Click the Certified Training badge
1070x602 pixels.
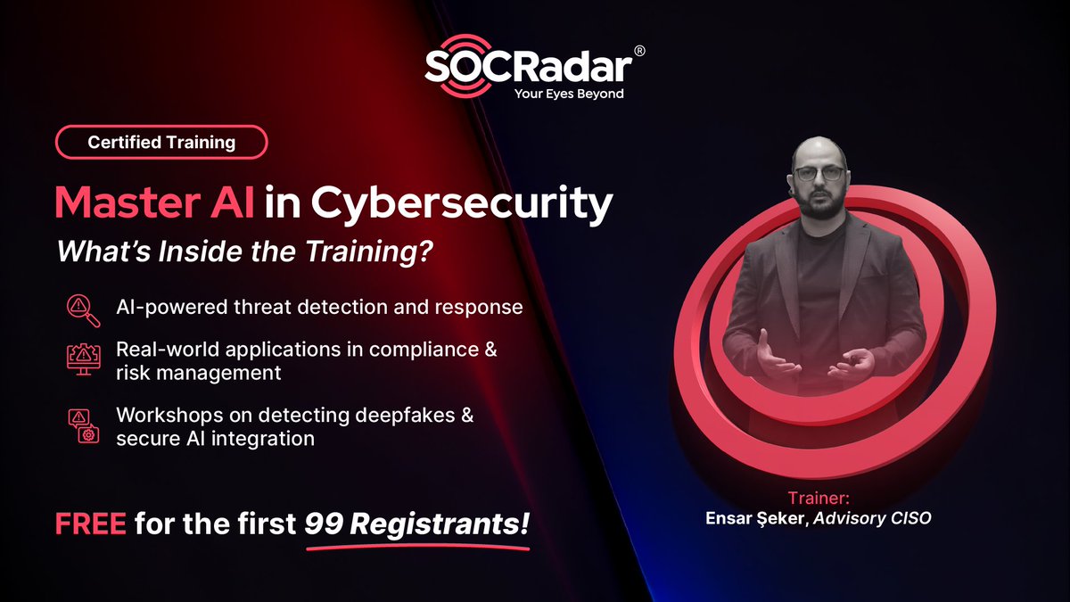coord(161,142)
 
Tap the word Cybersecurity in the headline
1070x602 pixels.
coord(462,204)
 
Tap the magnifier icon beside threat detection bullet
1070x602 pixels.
coord(78,307)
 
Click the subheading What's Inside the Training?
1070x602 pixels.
coord(245,252)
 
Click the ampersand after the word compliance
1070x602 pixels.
coord(490,349)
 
